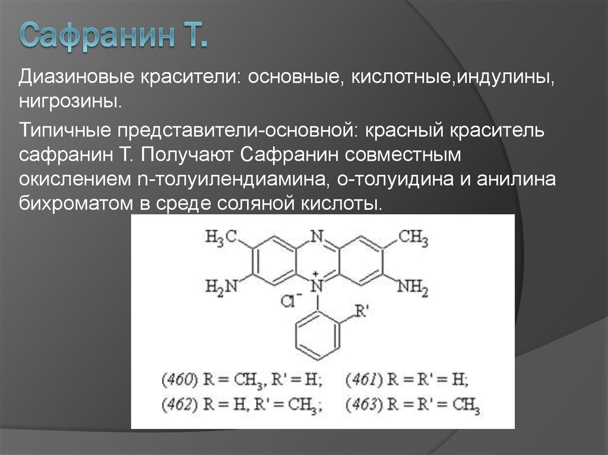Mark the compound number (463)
tap(362, 405)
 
